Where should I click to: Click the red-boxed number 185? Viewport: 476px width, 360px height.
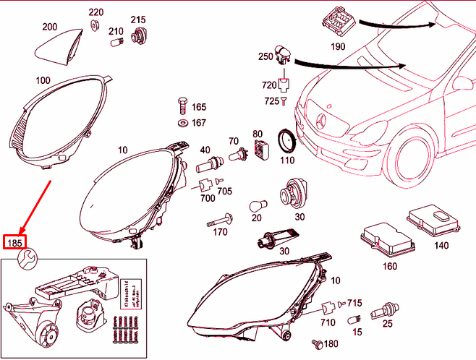click(14, 241)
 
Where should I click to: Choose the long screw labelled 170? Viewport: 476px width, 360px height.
click(220, 218)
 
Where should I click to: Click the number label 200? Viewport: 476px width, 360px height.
click(49, 27)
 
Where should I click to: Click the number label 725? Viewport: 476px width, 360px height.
click(270, 100)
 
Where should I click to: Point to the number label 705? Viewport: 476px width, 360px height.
click(224, 192)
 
